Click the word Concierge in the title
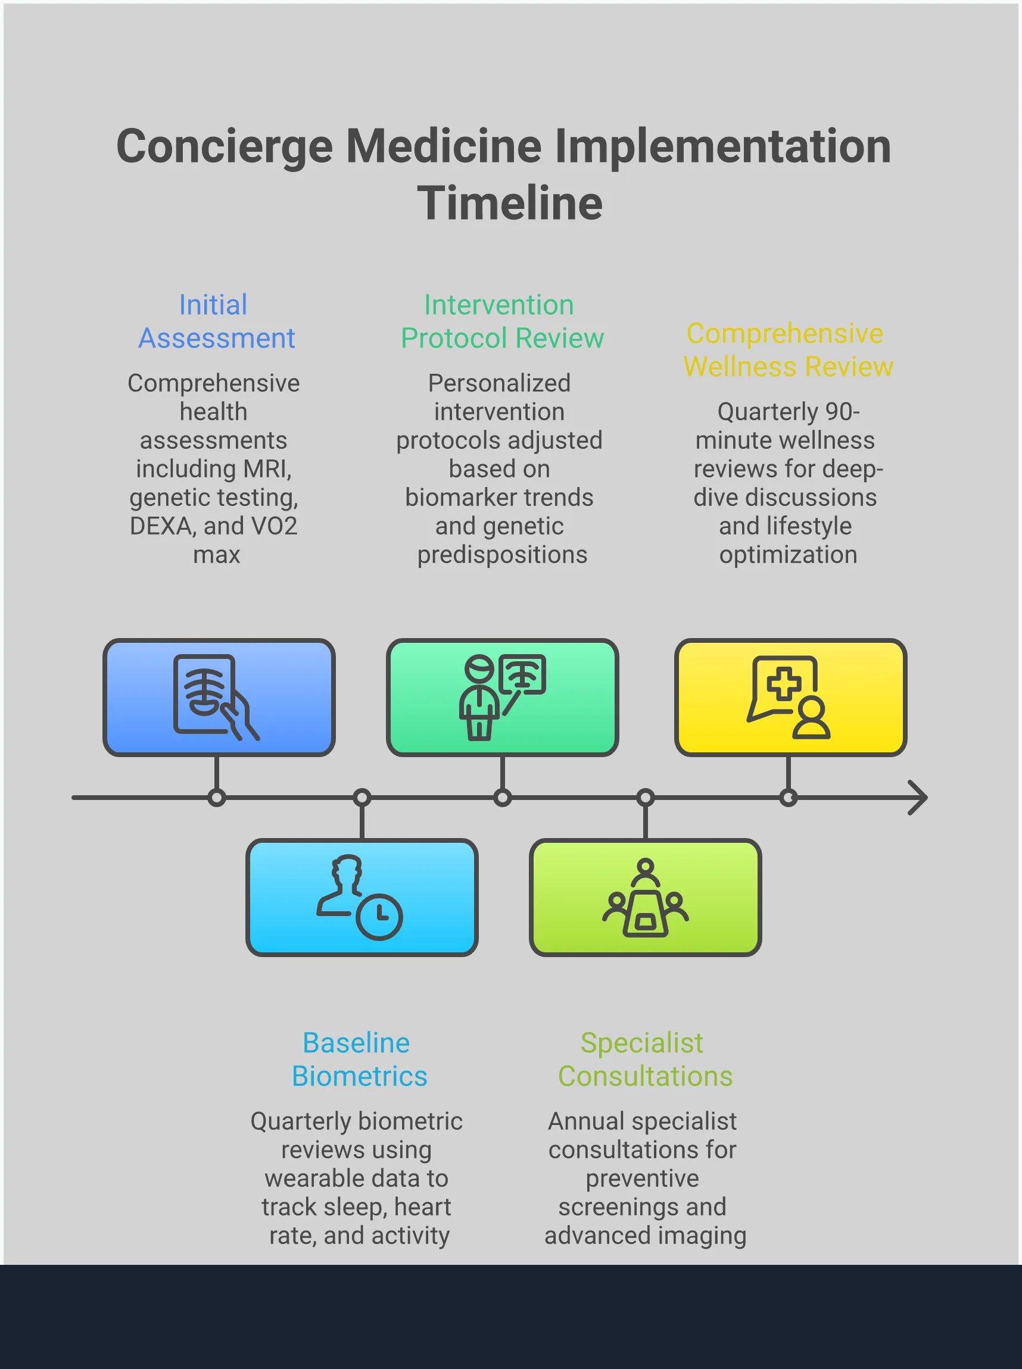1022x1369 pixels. tap(225, 146)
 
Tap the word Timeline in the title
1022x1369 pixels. tap(510, 204)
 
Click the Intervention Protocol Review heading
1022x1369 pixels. tap(501, 321)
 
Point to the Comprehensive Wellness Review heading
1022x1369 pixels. tap(787, 350)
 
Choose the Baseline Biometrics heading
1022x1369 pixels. tap(359, 1059)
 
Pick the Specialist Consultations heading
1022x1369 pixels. tap(644, 1059)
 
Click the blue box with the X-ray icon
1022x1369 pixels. tap(219, 697)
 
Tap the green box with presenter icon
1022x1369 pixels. tap(501, 697)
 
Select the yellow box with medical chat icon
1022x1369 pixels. tap(790, 697)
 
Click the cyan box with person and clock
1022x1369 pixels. tap(362, 897)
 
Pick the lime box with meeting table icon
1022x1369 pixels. tap(644, 897)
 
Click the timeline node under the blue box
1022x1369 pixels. tap(217, 798)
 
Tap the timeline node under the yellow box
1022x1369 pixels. tap(788, 798)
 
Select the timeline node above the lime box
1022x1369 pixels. tap(645, 798)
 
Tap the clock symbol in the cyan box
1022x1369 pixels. tap(379, 917)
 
